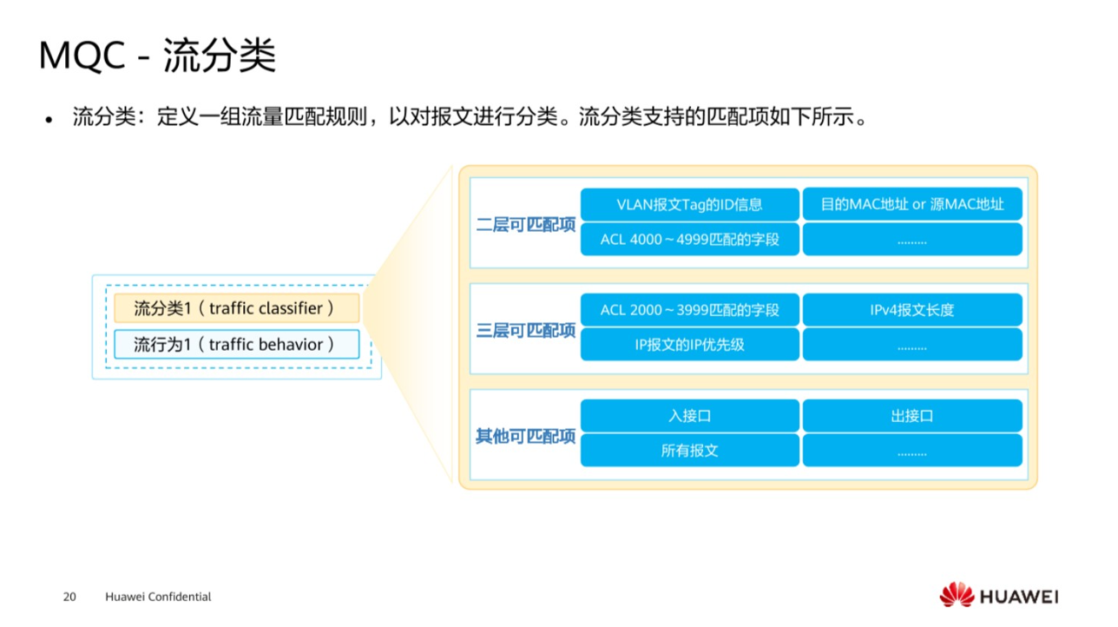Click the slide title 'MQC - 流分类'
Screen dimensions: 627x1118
point(157,56)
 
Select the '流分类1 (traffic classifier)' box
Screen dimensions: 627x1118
point(236,308)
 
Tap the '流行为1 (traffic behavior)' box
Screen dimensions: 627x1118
point(236,345)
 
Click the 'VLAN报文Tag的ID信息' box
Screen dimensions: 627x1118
point(689,205)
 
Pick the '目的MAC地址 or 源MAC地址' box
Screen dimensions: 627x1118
point(911,205)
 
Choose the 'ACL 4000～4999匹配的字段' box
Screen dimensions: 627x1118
point(689,240)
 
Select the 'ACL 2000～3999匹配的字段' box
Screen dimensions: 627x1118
point(689,310)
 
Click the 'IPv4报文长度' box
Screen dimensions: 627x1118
point(911,310)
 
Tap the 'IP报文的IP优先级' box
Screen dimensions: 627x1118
point(689,345)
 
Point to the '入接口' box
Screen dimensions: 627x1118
point(689,416)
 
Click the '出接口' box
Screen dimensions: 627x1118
point(911,416)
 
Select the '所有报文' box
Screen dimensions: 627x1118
point(689,451)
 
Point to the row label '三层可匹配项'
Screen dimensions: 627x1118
point(525,331)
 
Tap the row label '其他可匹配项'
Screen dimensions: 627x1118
point(525,436)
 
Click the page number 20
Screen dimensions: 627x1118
point(69,597)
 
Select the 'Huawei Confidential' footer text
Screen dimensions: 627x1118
point(158,597)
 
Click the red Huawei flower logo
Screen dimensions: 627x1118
point(957,595)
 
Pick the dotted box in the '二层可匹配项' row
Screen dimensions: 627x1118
point(911,240)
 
